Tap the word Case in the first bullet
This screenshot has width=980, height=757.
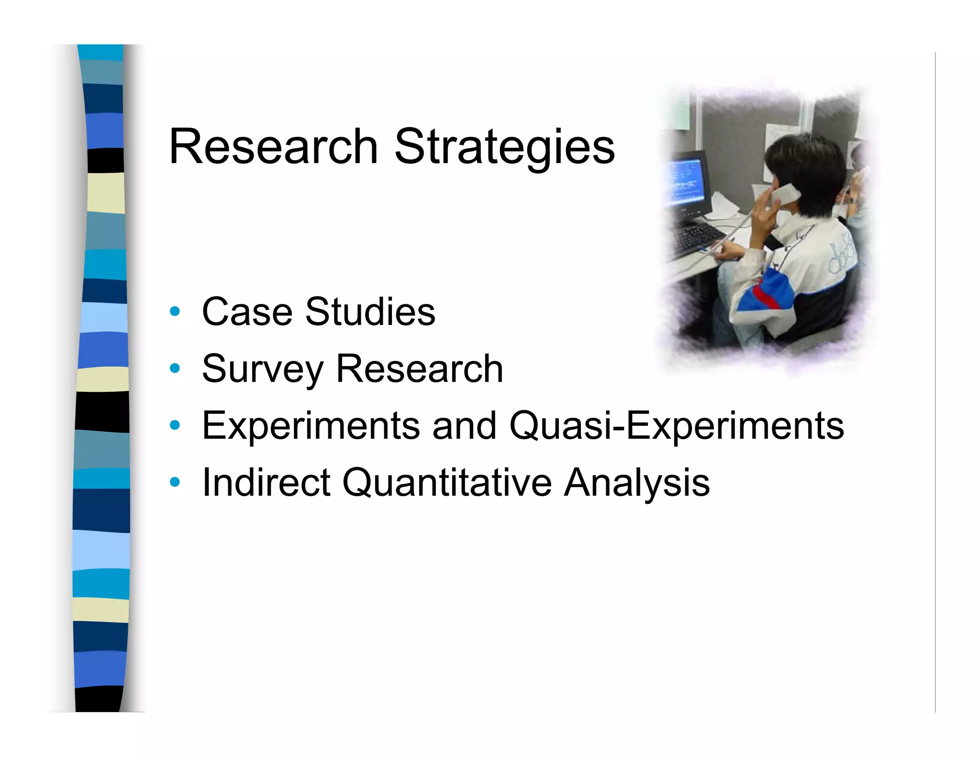[247, 312]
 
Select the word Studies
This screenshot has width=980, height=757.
[370, 312]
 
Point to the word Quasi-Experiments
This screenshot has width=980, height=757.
[676, 426]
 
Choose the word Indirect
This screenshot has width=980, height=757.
[266, 482]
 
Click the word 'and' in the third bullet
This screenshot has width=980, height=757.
[464, 426]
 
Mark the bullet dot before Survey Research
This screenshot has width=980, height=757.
[175, 368]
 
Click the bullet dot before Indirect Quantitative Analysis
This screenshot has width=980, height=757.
[175, 482]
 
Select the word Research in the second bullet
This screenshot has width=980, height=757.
[419, 368]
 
